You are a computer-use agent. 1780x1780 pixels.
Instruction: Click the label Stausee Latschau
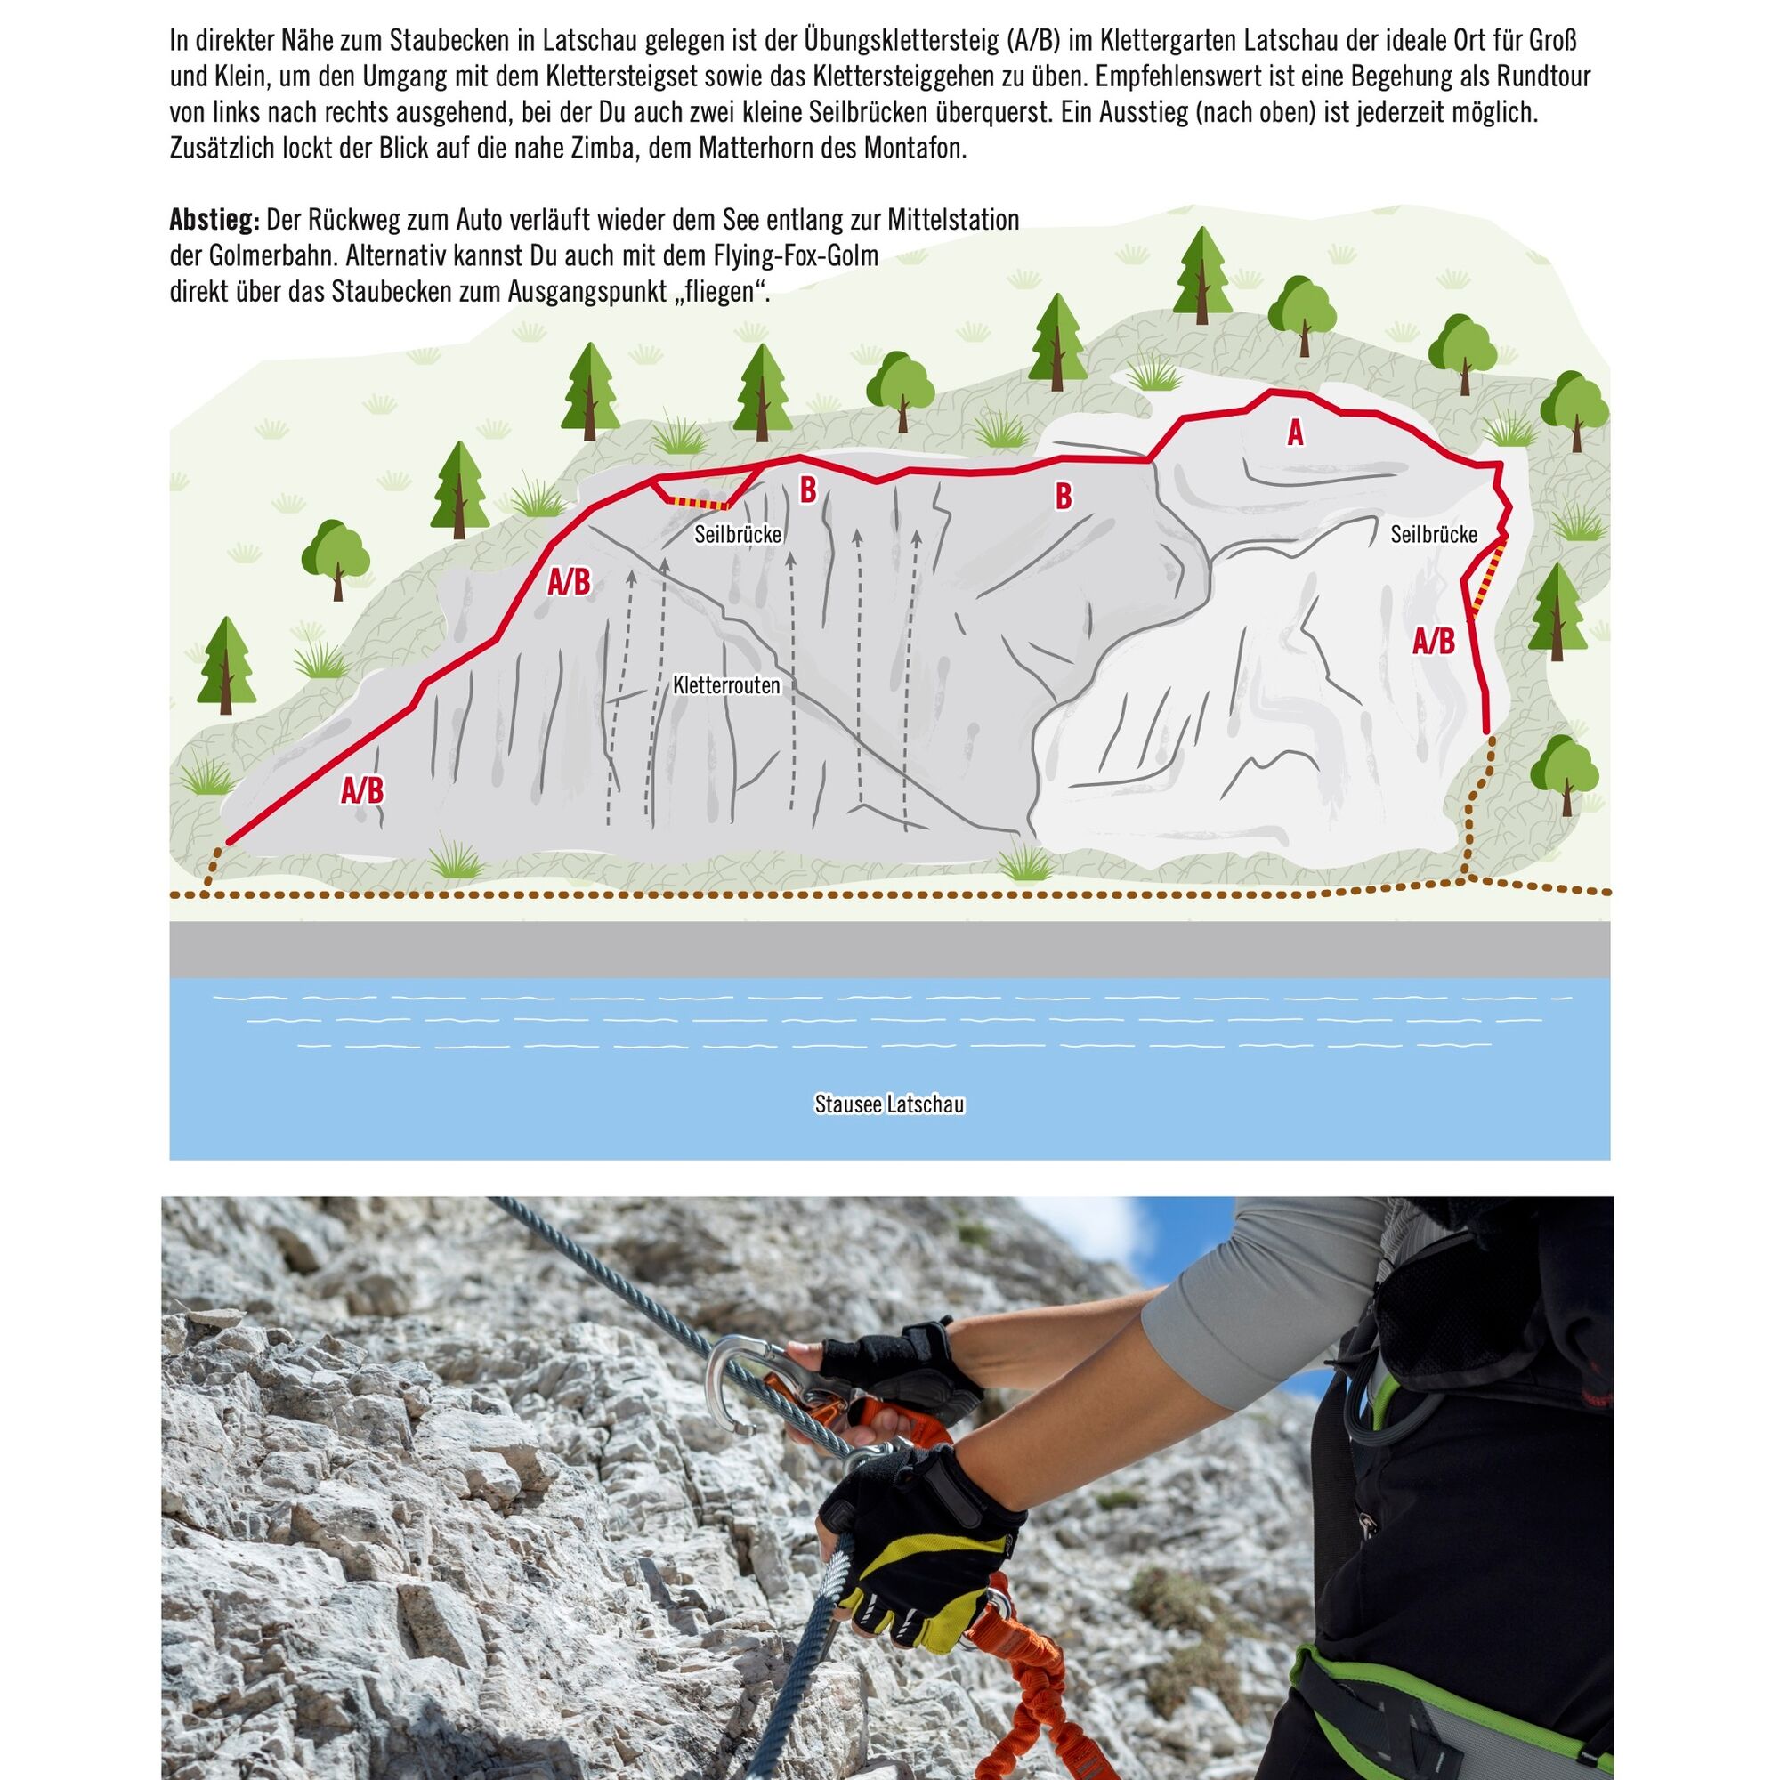tap(889, 1104)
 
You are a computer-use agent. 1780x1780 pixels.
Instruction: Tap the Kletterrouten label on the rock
tap(727, 685)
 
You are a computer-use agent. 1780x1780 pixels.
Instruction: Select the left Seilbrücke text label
tap(738, 534)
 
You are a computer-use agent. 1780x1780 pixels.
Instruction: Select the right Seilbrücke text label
tap(1434, 534)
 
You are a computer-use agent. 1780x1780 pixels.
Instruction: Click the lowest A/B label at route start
tap(362, 789)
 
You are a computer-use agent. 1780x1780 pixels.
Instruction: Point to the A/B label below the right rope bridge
tap(1434, 641)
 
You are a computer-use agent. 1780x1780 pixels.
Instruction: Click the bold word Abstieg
tap(214, 221)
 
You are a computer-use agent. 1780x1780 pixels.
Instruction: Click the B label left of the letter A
tap(1064, 497)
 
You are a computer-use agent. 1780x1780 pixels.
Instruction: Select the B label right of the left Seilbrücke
tap(808, 491)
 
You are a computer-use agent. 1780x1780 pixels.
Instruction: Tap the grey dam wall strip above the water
tap(889, 948)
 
